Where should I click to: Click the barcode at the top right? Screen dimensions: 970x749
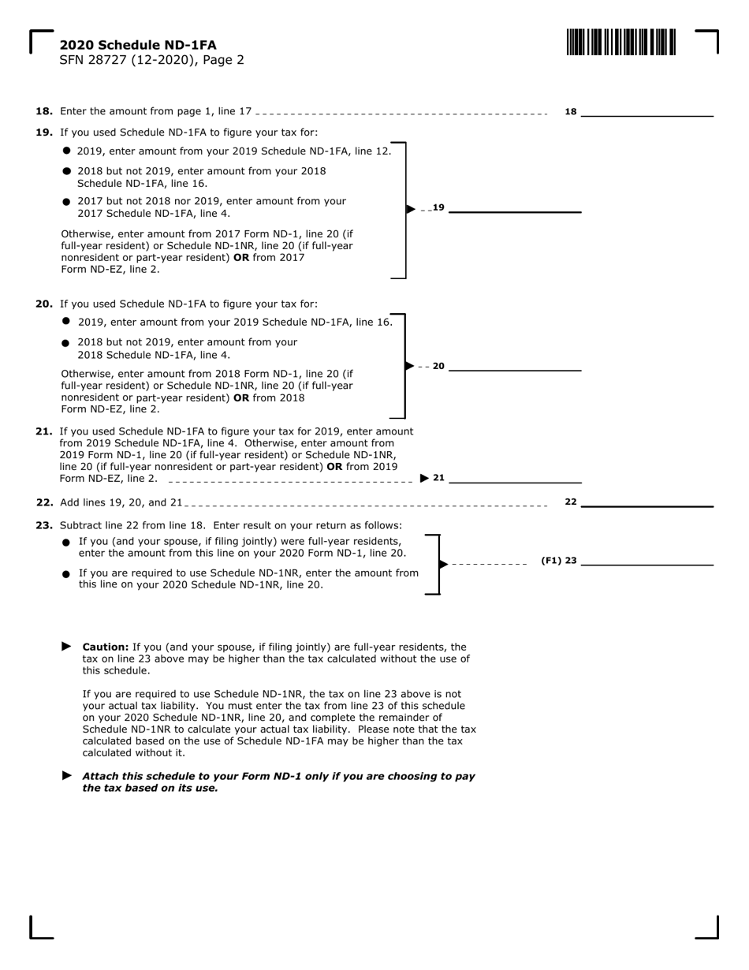(620, 42)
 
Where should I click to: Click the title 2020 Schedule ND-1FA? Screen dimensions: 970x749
(137, 45)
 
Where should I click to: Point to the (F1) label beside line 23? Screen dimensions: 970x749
(550, 561)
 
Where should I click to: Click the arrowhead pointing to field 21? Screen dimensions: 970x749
(425, 478)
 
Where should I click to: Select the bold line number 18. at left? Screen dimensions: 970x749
(44, 112)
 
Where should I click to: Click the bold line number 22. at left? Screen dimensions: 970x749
(44, 502)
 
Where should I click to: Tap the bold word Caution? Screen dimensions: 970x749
(106, 647)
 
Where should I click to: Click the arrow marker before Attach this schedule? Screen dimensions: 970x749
(67, 775)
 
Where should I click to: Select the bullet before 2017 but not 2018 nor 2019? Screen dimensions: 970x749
(67, 202)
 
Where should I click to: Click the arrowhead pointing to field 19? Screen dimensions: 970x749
(411, 209)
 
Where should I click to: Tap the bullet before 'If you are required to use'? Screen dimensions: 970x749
(67, 574)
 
